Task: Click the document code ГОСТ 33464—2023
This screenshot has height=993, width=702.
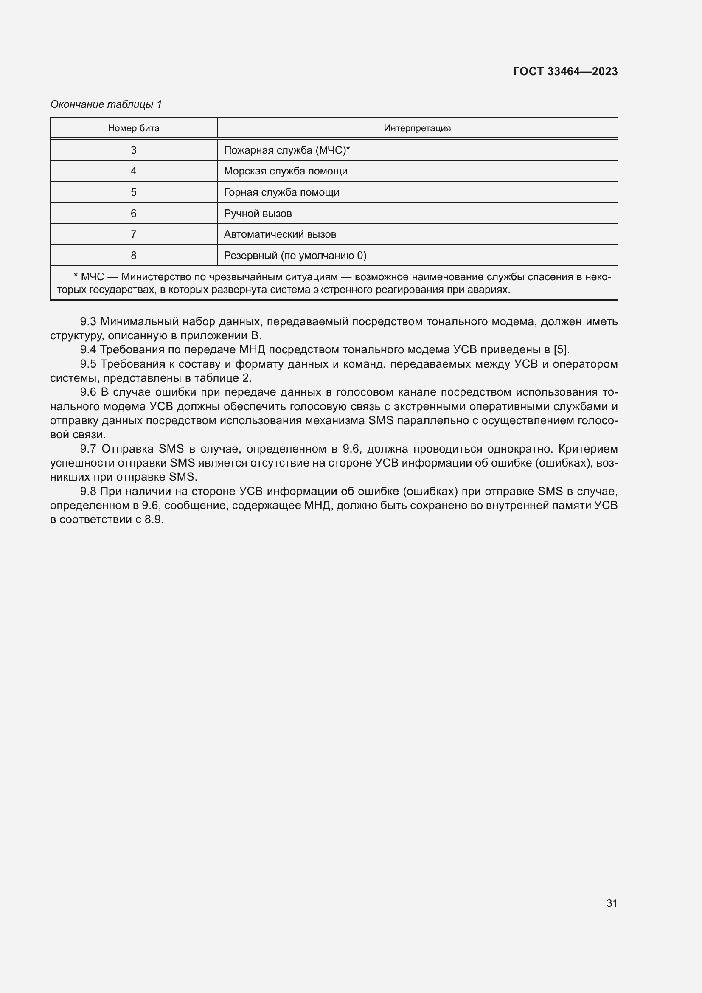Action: click(x=565, y=71)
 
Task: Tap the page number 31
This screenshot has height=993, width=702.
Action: click(x=612, y=903)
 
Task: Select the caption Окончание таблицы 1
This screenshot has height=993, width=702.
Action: click(x=106, y=104)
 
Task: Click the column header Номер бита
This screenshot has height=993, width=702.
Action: click(x=134, y=128)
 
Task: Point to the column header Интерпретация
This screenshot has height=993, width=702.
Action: click(x=417, y=128)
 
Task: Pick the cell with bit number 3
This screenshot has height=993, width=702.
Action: click(x=134, y=150)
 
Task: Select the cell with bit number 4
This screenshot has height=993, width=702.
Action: click(x=134, y=171)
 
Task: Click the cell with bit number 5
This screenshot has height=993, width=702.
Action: click(x=134, y=192)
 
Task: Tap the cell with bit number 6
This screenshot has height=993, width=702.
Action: click(x=134, y=213)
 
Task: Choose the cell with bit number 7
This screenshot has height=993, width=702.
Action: click(x=134, y=234)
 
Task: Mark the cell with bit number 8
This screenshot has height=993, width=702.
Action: click(x=134, y=256)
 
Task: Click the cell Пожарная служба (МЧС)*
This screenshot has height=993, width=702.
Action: click(x=286, y=150)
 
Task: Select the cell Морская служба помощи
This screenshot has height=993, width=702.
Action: click(x=286, y=171)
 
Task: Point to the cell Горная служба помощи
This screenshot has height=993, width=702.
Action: click(x=281, y=192)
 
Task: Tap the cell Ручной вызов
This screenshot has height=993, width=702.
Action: click(x=258, y=213)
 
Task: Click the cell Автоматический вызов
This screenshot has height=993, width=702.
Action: click(x=280, y=234)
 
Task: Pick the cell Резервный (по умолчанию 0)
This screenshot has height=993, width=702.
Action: click(x=295, y=256)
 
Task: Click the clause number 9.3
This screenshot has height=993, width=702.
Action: click(x=88, y=322)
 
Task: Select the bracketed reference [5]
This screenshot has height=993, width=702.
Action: click(x=561, y=350)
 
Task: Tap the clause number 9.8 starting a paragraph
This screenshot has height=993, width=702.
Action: click(x=88, y=491)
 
